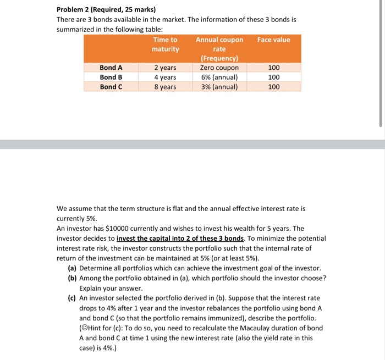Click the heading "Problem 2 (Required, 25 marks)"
106,9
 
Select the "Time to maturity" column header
165,44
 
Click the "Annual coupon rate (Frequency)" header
219,48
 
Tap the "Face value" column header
273,40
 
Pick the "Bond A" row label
111,68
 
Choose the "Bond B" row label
111,77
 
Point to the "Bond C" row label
111,86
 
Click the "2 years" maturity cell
165,68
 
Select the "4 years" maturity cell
165,77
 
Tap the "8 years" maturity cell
165,86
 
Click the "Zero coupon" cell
219,68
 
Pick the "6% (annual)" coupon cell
219,77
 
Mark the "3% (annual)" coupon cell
219,86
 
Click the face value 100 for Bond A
273,68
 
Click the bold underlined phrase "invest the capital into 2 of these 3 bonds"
180,239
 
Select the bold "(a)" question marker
72,268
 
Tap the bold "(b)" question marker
72,278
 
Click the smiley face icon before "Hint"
85,328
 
